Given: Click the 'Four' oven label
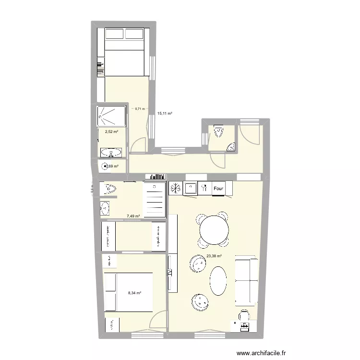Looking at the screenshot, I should pos(218,189).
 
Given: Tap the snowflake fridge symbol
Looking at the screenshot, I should pos(176,188).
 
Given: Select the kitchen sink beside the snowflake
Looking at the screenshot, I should pos(191,188).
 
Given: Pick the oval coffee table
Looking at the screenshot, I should pos(219,281).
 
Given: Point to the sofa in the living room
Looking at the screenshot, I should pos(246,281).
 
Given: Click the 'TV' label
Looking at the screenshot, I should pos(169,272).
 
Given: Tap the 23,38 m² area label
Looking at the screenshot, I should pos(214,256).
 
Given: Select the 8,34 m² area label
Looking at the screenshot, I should pos(134,292).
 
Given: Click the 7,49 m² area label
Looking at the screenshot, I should pos(133,216).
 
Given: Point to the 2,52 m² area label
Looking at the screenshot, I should pos(111,131).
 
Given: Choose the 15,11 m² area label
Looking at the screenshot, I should pos(165,114).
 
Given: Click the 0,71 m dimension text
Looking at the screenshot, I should pos(140,109).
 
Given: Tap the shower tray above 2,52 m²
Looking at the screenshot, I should pos(111,115).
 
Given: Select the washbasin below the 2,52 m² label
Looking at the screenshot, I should pos(111,153).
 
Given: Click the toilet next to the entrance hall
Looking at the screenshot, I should pos(218,130).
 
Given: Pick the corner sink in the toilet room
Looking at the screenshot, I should pos(231,147).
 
